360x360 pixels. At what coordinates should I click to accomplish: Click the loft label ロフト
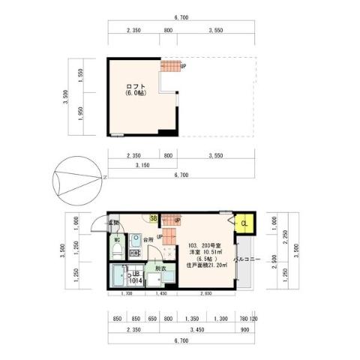click(x=136, y=85)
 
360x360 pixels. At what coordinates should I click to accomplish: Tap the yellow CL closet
click(x=243, y=223)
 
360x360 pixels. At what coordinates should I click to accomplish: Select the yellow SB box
click(x=153, y=218)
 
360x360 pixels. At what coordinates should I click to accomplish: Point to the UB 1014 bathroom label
click(x=136, y=277)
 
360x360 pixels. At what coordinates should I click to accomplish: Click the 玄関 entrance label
click(x=113, y=223)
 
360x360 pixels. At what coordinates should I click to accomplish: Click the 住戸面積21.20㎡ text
click(x=203, y=265)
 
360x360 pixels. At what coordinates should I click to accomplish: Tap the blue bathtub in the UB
click(x=119, y=277)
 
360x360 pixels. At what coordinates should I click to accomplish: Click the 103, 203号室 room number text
click(x=204, y=244)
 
